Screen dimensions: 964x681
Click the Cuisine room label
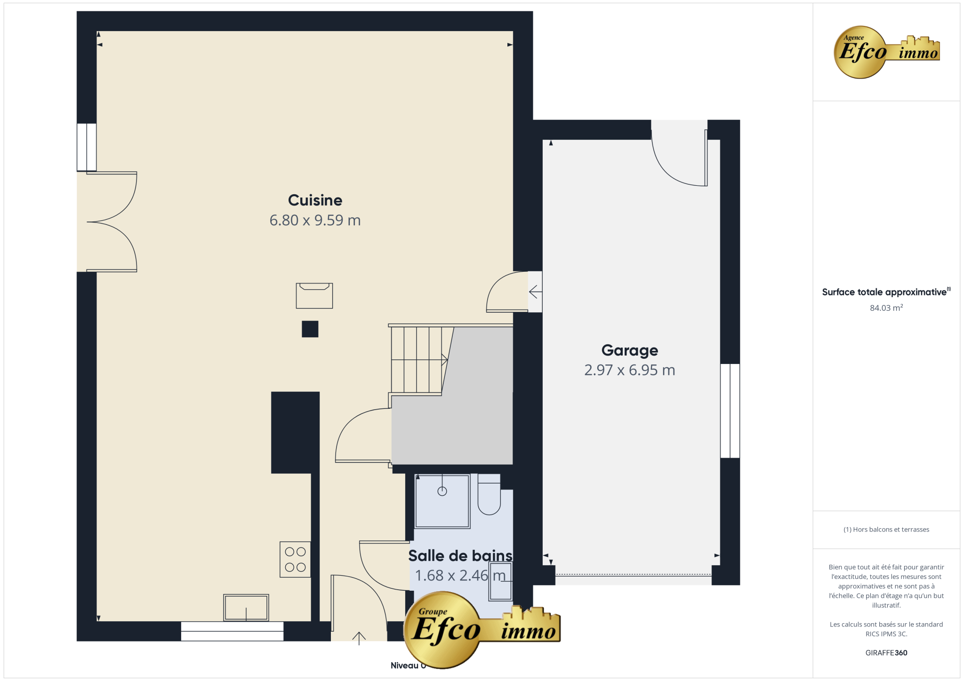click(x=315, y=200)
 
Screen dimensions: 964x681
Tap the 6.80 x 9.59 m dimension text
click(x=315, y=220)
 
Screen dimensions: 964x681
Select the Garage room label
click(x=630, y=350)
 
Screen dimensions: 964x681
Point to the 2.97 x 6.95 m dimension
click(x=630, y=370)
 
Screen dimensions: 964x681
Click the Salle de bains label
click(x=460, y=556)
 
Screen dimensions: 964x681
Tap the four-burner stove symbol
click(x=295, y=559)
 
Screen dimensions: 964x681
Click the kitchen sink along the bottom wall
click(x=246, y=608)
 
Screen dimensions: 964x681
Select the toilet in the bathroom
click(x=489, y=494)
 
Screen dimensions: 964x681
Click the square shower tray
click(x=442, y=501)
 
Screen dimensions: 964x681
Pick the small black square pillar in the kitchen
click(x=310, y=329)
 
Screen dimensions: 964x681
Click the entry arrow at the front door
click(x=359, y=638)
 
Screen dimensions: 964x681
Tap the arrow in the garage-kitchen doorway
click(x=536, y=292)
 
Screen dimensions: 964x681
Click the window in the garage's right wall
click(x=730, y=411)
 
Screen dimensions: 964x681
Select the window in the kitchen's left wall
click(x=87, y=147)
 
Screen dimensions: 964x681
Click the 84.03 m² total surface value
click(x=886, y=308)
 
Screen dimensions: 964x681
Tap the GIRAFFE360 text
click(x=886, y=653)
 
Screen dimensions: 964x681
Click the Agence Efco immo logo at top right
click(x=887, y=52)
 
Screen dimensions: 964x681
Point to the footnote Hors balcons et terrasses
click(x=886, y=530)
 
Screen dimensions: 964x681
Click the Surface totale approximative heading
click(x=885, y=292)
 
